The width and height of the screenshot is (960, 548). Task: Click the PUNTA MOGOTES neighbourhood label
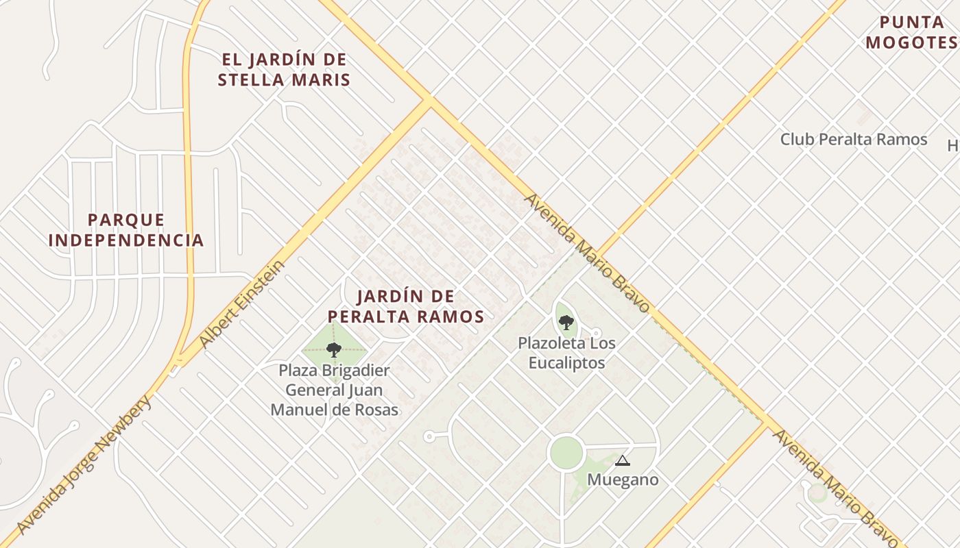[911, 32]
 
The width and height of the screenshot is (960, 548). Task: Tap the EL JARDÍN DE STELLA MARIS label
[284, 69]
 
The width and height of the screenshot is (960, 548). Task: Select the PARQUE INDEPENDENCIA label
[126, 229]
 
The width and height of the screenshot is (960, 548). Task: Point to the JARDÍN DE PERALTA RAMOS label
[406, 306]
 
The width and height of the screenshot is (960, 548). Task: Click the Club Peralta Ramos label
[854, 139]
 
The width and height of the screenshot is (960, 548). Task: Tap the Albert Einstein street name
[241, 303]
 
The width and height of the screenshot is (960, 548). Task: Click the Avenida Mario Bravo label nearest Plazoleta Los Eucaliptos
[586, 253]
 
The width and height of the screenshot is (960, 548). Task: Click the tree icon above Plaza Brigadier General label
[334, 350]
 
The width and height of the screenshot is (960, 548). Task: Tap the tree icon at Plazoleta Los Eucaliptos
[566, 322]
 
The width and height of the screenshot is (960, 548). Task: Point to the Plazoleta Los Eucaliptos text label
[566, 352]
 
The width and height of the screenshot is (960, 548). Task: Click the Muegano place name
[623, 480]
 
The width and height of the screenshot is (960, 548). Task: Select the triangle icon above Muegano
[622, 460]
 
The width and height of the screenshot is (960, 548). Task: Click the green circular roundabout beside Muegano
[566, 453]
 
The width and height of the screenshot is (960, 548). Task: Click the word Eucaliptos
[566, 362]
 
